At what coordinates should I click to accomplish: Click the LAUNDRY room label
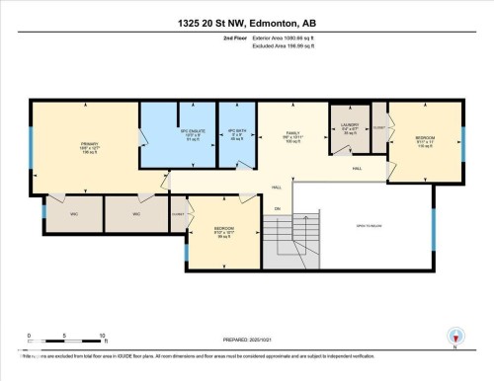349,127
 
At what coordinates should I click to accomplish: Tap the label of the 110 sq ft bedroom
425,140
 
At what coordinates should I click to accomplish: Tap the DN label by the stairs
278,207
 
